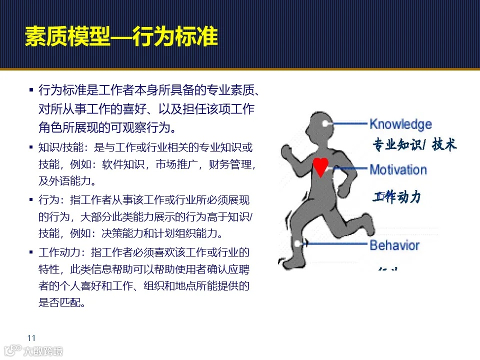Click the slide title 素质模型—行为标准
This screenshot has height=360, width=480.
pyautogui.click(x=121, y=36)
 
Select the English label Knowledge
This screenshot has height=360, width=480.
pyautogui.click(x=400, y=124)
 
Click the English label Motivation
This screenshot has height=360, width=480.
pyautogui.click(x=398, y=169)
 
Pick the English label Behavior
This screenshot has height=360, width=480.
pyautogui.click(x=394, y=245)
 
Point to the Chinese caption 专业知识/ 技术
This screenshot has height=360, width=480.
pyautogui.click(x=414, y=145)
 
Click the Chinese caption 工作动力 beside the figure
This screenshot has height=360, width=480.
pyautogui.click(x=396, y=197)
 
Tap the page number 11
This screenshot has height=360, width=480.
pyautogui.click(x=31, y=336)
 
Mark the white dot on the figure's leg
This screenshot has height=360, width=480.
pyautogui.click(x=299, y=243)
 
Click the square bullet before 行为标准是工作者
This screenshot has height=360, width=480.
pyautogui.click(x=31, y=90)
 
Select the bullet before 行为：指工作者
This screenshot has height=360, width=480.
pyautogui.click(x=31, y=200)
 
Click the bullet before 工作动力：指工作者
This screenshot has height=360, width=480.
pyautogui.click(x=31, y=252)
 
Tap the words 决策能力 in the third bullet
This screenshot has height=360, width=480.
pyautogui.click(x=123, y=233)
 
